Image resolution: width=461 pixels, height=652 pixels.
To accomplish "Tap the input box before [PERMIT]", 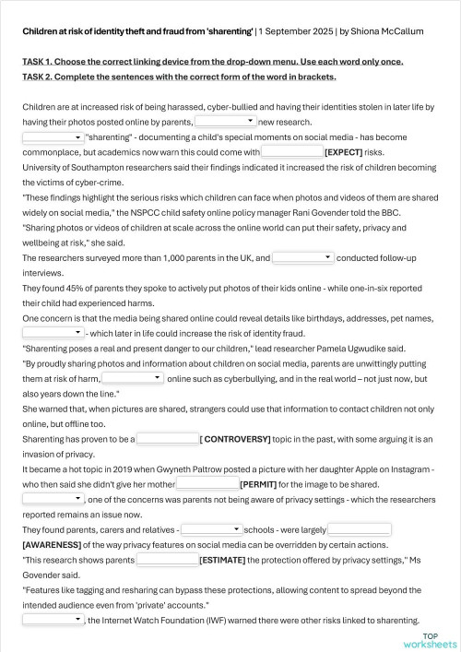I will point(207,482).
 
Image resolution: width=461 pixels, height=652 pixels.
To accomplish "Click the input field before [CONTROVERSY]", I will point(167,439).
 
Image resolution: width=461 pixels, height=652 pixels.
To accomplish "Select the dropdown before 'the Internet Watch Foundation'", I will point(53,620).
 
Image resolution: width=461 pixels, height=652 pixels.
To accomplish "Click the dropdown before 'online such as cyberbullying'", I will point(132,378).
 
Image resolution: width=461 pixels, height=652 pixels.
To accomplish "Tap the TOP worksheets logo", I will point(431,639).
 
